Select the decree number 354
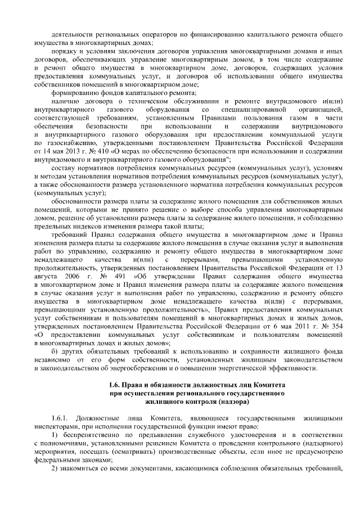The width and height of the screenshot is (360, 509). [335, 327]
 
